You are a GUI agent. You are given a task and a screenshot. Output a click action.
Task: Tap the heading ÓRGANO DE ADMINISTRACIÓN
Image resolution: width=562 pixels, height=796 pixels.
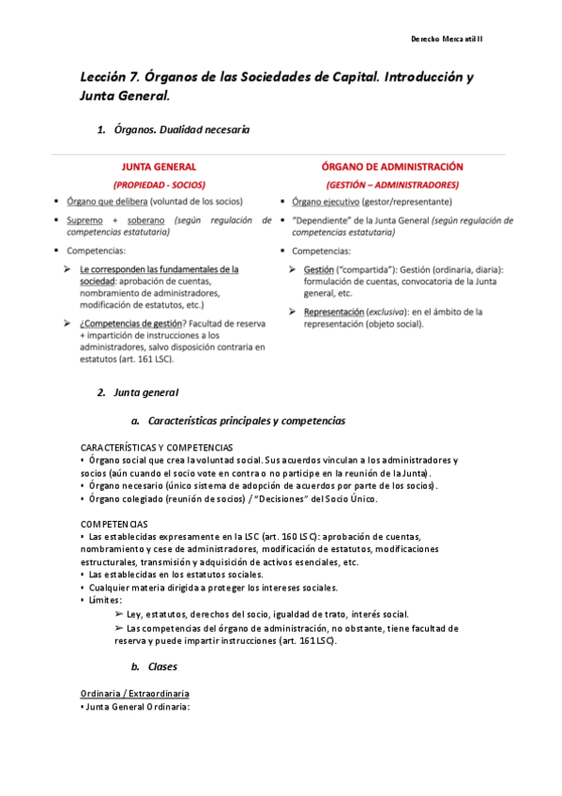[391, 166]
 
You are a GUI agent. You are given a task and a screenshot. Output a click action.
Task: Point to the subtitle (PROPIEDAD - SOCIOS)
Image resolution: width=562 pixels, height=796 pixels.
[159, 184]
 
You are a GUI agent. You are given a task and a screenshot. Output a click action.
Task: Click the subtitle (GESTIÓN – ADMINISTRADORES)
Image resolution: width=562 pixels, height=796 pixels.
[392, 184]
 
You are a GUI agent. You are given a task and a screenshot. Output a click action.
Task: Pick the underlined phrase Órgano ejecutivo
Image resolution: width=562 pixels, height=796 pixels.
[324, 202]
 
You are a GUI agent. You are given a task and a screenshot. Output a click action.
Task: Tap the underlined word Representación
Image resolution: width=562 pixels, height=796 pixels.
[335, 311]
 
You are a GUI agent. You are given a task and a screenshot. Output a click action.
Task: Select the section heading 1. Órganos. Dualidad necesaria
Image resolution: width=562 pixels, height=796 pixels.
[174, 130]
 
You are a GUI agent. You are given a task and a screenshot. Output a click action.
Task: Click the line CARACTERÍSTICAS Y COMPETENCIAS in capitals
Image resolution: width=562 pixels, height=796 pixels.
[157, 448]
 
